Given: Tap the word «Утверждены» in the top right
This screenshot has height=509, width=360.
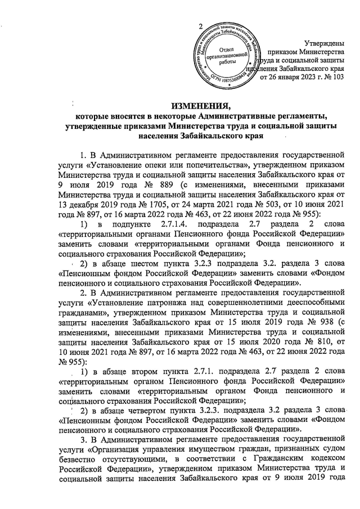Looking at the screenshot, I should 322,43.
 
